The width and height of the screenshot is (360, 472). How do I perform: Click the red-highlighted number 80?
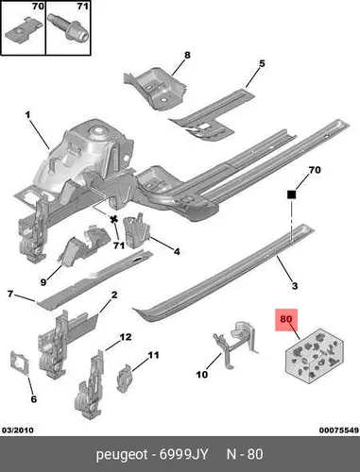point(286,319)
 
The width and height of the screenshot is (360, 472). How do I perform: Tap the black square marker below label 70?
point(292,194)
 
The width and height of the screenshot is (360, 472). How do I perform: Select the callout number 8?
point(187,55)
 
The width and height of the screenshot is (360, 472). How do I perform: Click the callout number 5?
point(262,63)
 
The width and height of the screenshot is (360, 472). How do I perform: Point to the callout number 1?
point(27,115)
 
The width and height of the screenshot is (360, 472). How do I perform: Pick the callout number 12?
point(126,337)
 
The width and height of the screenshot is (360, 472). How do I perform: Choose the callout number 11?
point(153,355)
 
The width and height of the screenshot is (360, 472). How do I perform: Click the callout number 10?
point(202,375)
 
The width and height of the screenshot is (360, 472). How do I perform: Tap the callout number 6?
point(33,399)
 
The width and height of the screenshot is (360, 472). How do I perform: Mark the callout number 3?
point(295,286)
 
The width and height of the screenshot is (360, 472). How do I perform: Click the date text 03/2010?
point(18,430)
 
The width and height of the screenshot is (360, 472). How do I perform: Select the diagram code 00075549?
point(339,430)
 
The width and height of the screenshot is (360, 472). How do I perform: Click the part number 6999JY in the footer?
point(183,454)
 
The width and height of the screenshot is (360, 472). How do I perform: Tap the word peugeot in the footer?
point(122,455)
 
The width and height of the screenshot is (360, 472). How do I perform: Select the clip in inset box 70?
point(24,31)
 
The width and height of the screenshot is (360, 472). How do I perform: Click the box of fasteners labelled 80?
point(314,356)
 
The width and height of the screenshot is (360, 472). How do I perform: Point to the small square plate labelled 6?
point(21,364)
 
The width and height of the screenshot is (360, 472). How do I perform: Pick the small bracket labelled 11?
point(125,379)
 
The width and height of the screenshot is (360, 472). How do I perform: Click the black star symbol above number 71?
point(114,219)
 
